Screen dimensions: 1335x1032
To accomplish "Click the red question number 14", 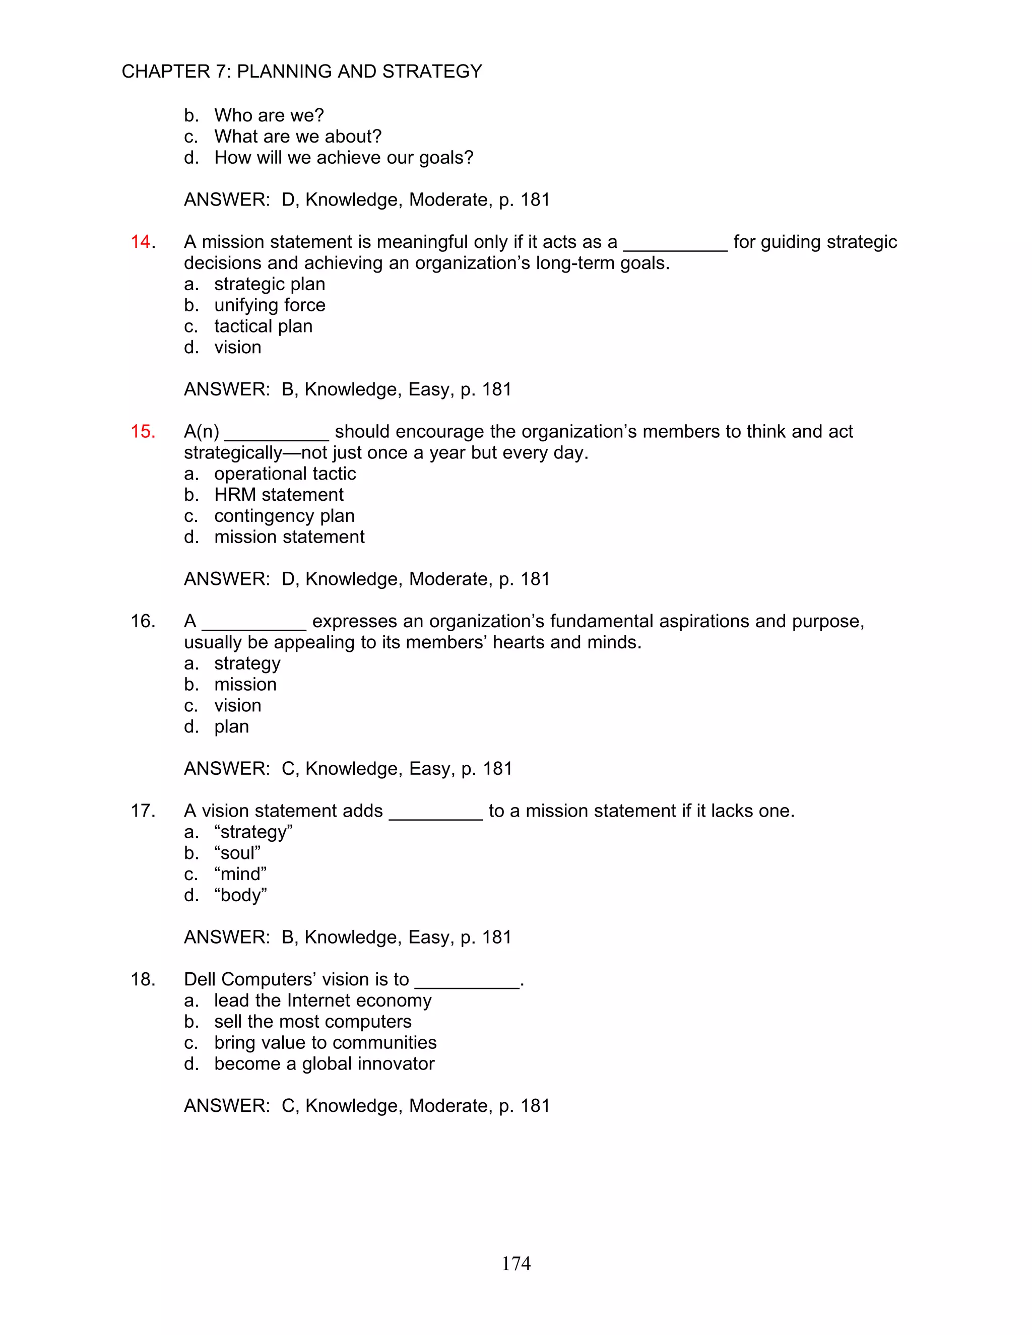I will pyautogui.click(x=141, y=242).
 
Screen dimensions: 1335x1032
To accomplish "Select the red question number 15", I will pyautogui.click(x=142, y=432).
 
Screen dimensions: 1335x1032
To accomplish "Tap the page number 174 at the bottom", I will pyautogui.click(x=516, y=1263).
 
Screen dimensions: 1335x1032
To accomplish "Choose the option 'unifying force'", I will pyautogui.click(x=270, y=305).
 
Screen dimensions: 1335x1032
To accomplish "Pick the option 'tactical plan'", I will pyautogui.click(x=263, y=326).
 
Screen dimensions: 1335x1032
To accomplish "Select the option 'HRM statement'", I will pyautogui.click(x=279, y=495).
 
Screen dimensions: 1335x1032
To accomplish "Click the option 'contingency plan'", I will pyautogui.click(x=284, y=516).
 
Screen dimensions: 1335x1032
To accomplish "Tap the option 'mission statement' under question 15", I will pyautogui.click(x=289, y=537).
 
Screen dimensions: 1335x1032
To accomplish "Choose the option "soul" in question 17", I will pyautogui.click(x=237, y=853).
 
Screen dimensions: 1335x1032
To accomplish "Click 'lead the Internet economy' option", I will pyautogui.click(x=323, y=1000).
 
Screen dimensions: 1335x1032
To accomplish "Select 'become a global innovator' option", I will pyautogui.click(x=324, y=1063).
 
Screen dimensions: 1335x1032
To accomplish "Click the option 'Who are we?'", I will pyautogui.click(x=269, y=115).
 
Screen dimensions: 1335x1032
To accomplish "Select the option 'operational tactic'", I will pyautogui.click(x=285, y=474).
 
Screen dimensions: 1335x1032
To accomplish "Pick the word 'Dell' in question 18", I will pyautogui.click(x=200, y=979).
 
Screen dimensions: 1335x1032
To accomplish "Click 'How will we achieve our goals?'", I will pyautogui.click(x=344, y=158).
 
